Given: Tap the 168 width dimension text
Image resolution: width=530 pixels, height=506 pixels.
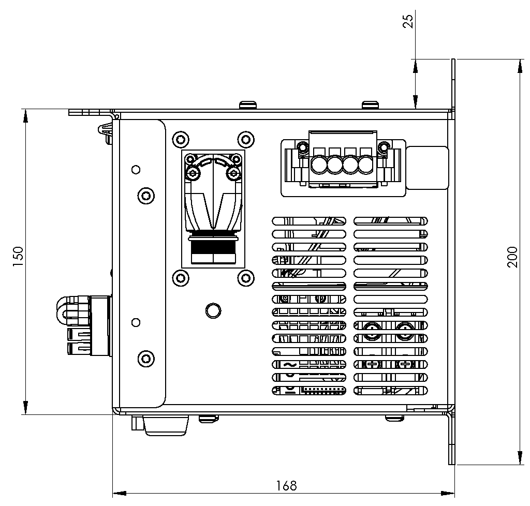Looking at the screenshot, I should pyautogui.click(x=286, y=485).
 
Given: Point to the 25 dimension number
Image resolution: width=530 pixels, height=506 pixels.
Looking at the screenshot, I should pyautogui.click(x=408, y=21).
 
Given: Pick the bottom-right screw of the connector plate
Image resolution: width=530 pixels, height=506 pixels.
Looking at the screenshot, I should pyautogui.click(x=245, y=278).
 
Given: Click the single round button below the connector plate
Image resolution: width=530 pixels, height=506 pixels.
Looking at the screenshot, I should pyautogui.click(x=212, y=310).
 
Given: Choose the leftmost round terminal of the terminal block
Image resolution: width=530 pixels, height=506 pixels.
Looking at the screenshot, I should pyautogui.click(x=320, y=165).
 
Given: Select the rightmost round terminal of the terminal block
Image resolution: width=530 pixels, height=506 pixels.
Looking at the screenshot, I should pyautogui.click(x=365, y=165).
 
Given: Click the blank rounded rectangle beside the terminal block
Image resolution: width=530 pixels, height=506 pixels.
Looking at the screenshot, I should pyautogui.click(x=427, y=168).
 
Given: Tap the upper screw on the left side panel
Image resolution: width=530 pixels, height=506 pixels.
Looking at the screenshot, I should pyautogui.click(x=146, y=195).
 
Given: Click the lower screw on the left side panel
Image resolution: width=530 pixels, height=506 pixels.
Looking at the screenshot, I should pyautogui.click(x=146, y=358).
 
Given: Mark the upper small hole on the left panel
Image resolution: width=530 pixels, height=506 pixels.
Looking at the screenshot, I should pyautogui.click(x=136, y=169).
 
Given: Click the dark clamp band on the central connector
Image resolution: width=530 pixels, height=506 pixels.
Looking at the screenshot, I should pyautogui.click(x=213, y=237).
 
